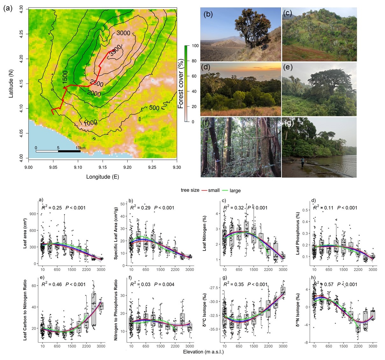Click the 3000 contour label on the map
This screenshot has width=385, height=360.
pos(123,33)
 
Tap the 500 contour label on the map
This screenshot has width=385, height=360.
pos(154,108)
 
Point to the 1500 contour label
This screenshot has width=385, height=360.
pos(65,77)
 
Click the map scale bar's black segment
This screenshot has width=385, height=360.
pos(69,151)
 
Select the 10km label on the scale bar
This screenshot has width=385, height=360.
pos(80,148)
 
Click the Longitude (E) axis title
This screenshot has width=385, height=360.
pos(103,177)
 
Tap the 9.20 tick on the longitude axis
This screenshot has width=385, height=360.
pos(127,167)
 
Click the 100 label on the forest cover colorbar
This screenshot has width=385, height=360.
pos(195,46)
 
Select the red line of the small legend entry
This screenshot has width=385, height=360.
pos(204,190)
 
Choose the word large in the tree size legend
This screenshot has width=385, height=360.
pos(235,190)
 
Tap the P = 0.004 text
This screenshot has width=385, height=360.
pos(164,284)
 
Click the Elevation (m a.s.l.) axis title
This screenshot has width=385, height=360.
pos(203,352)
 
